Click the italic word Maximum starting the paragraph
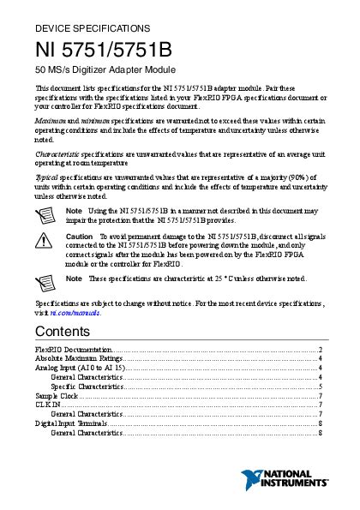[50, 122]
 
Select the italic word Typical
[45, 175]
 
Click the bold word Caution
[79, 235]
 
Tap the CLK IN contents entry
[47, 405]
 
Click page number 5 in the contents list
[320, 387]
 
